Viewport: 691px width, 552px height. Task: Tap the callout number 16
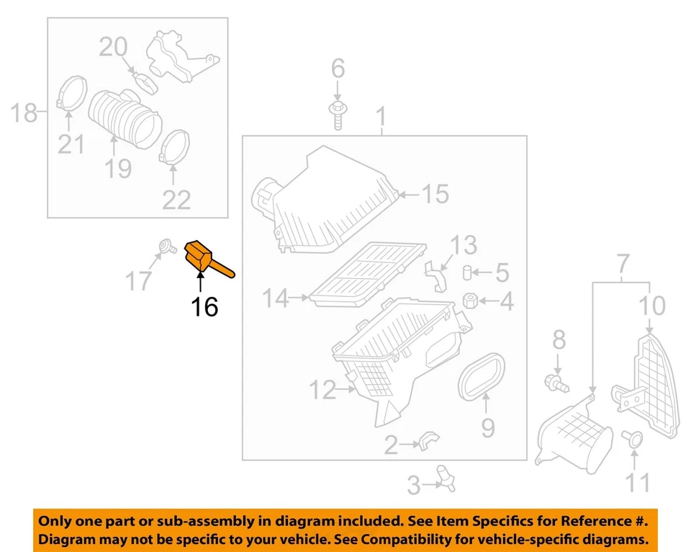(204, 307)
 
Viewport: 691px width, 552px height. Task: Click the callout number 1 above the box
(381, 116)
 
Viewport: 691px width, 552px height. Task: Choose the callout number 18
(24, 113)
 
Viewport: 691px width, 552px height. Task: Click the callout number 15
(435, 193)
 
